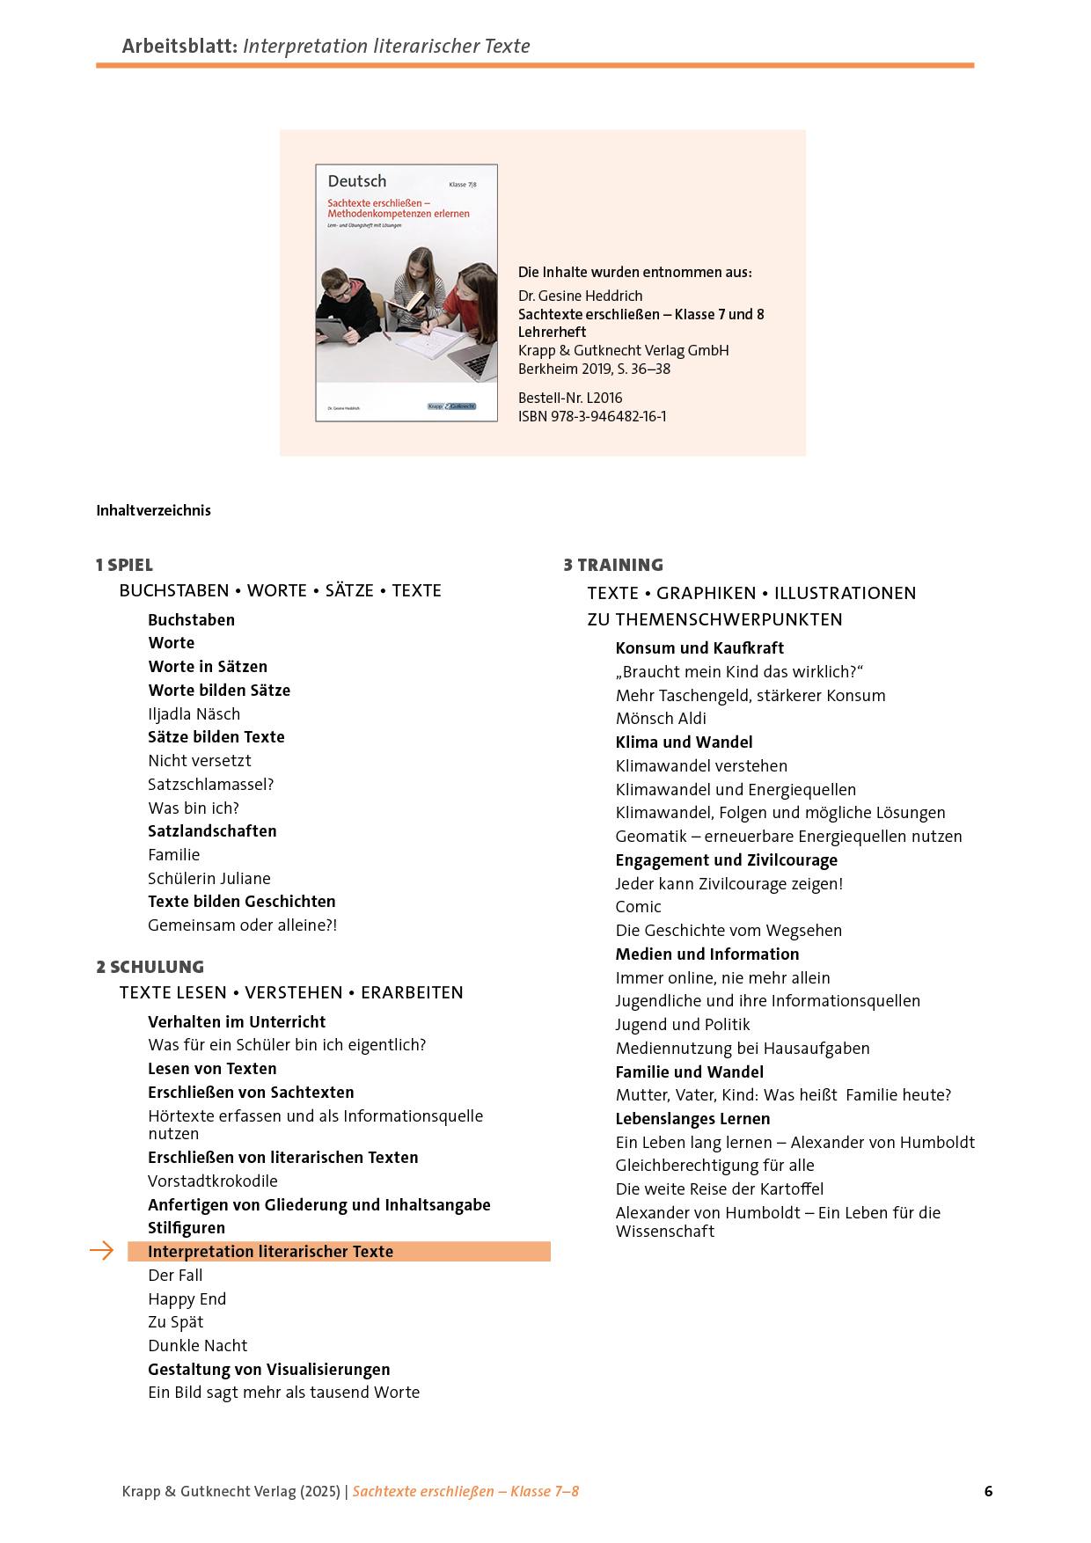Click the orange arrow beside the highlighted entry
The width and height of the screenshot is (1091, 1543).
coord(102,1251)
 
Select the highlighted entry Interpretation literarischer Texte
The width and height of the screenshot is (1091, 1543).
coord(270,1252)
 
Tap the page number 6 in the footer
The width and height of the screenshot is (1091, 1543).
coord(988,1491)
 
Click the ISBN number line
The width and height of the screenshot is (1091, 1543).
coord(591,416)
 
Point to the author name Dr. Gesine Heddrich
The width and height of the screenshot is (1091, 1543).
coord(580,296)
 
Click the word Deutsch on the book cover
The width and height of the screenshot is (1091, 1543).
coord(356,181)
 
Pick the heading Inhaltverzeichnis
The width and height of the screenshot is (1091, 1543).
coord(153,510)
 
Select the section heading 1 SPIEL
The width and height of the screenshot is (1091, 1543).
coord(124,565)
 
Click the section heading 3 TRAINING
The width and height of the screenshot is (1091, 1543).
coord(613,565)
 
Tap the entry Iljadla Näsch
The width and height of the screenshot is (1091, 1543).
coord(194,713)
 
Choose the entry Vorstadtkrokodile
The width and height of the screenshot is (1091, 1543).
coord(212,1181)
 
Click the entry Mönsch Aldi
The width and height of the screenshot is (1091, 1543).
coord(660,719)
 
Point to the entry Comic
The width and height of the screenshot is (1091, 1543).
coord(638,907)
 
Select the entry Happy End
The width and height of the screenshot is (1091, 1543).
coord(187,1298)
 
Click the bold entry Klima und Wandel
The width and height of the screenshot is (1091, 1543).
coord(684,742)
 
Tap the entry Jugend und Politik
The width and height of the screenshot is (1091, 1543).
coord(682,1025)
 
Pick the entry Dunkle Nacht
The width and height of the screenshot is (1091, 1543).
coord(197,1346)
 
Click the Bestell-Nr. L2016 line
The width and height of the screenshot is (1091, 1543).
coord(569,398)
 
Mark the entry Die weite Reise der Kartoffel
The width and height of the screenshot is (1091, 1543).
coord(719,1189)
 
